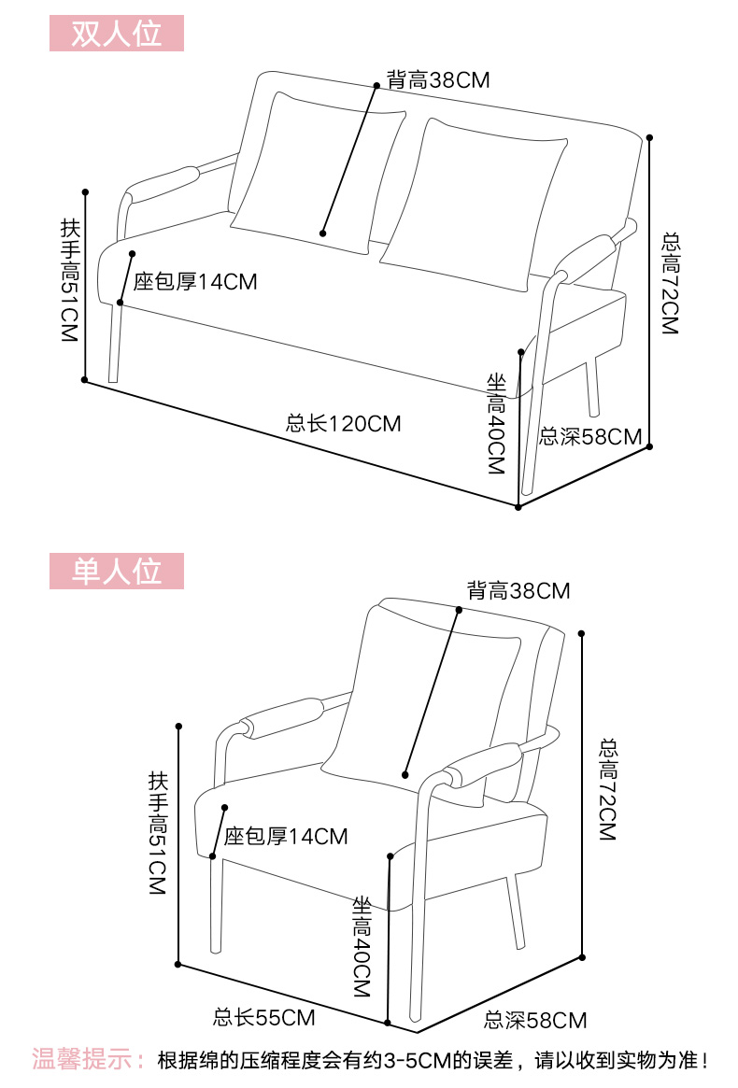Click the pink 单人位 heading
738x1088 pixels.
pos(117,571)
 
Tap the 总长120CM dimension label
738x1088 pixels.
pos(343,424)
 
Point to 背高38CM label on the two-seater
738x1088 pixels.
pos(438,79)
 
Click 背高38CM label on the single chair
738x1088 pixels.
pos(518,590)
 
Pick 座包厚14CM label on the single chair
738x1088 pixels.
pos(286,836)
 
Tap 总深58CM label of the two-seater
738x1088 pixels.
pos(591,436)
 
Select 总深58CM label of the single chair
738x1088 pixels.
pos(535,1021)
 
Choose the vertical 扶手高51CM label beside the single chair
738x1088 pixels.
pos(156,834)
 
